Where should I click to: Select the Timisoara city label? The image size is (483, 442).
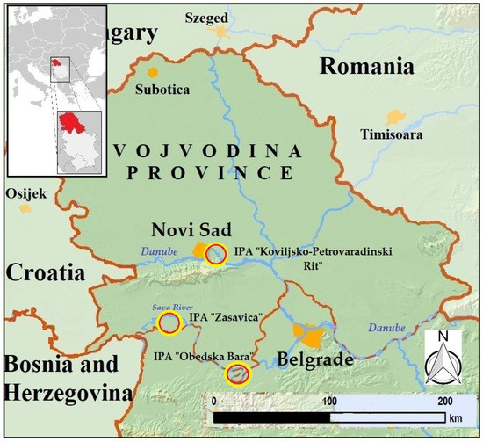tap(396, 135)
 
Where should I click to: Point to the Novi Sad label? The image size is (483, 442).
tap(184, 230)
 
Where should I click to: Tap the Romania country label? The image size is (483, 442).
tap(365, 67)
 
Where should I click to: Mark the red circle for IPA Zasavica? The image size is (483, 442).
tap(169, 323)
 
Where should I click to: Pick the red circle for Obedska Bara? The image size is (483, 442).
tap(237, 374)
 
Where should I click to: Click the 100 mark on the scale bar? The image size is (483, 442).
tap(330, 400)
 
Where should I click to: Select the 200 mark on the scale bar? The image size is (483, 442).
tap(445, 400)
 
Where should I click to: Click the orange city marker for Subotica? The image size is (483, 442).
tap(154, 72)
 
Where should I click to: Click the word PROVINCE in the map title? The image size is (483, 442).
tap(208, 172)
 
